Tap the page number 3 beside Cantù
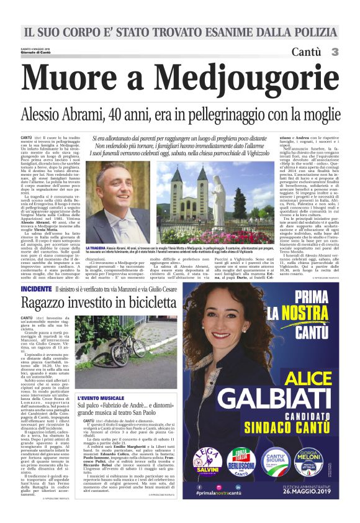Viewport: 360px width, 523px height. tap(335, 52)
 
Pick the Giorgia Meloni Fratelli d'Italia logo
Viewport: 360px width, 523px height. tap(314, 465)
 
